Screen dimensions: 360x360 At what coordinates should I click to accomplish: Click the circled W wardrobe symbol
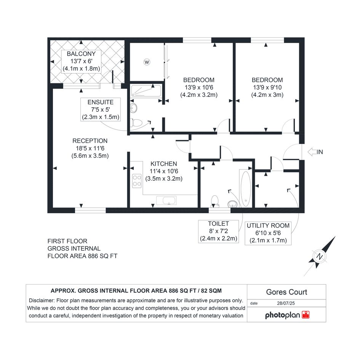(x=147, y=62)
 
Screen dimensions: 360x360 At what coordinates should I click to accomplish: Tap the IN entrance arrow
(x=312, y=152)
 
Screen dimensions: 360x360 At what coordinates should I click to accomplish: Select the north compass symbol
(x=319, y=256)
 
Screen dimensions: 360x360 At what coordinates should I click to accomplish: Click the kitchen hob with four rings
(x=137, y=181)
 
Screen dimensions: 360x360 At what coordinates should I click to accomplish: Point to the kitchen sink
(x=166, y=200)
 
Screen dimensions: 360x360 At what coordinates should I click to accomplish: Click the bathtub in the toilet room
(x=246, y=189)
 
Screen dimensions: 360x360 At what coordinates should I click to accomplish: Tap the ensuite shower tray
(x=146, y=91)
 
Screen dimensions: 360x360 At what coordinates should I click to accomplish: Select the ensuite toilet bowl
(x=136, y=123)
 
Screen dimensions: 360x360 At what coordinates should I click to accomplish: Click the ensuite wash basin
(x=133, y=108)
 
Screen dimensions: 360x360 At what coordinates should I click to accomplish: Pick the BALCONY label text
(x=81, y=54)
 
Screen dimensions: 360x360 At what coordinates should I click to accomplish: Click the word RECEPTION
(x=90, y=141)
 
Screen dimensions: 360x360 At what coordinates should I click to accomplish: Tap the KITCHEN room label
(x=164, y=164)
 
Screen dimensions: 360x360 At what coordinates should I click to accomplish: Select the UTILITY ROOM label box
(x=268, y=233)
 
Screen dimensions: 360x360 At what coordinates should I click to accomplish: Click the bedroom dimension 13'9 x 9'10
(x=267, y=87)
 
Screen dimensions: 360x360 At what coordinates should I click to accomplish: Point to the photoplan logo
(x=287, y=315)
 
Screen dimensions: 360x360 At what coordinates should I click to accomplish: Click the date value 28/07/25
(x=286, y=303)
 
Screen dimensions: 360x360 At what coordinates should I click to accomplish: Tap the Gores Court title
(x=286, y=292)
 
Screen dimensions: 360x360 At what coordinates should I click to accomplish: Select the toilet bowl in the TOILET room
(x=214, y=201)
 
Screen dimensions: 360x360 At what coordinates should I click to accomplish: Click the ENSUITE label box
(x=101, y=109)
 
